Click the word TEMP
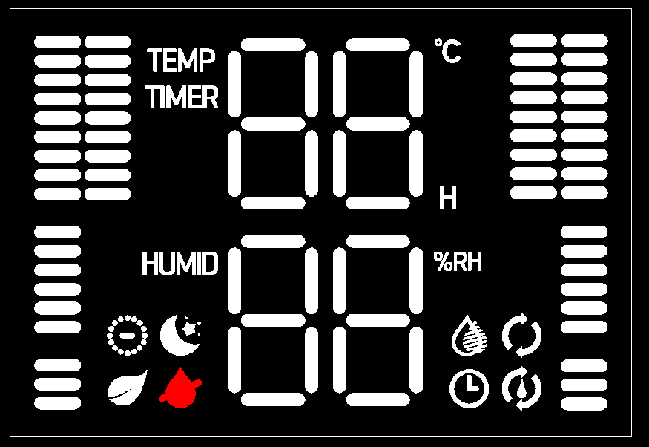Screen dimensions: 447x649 point(182,61)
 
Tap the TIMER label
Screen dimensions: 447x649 point(182,98)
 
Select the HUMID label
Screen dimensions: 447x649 point(180,264)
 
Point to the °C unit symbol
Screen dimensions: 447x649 point(447,51)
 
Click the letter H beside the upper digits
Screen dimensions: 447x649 point(447,198)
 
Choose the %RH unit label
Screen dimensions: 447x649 point(458,261)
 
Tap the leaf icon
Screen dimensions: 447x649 point(128,388)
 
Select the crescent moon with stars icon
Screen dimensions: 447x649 point(181,335)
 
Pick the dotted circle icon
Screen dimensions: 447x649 point(128,336)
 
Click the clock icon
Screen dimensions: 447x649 point(469,388)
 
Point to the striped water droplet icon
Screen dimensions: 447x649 point(470,336)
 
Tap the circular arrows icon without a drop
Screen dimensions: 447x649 point(522,336)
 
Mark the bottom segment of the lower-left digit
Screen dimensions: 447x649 point(273,399)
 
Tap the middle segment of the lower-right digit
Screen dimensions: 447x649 point(378,320)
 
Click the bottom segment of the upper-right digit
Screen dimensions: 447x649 point(378,203)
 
